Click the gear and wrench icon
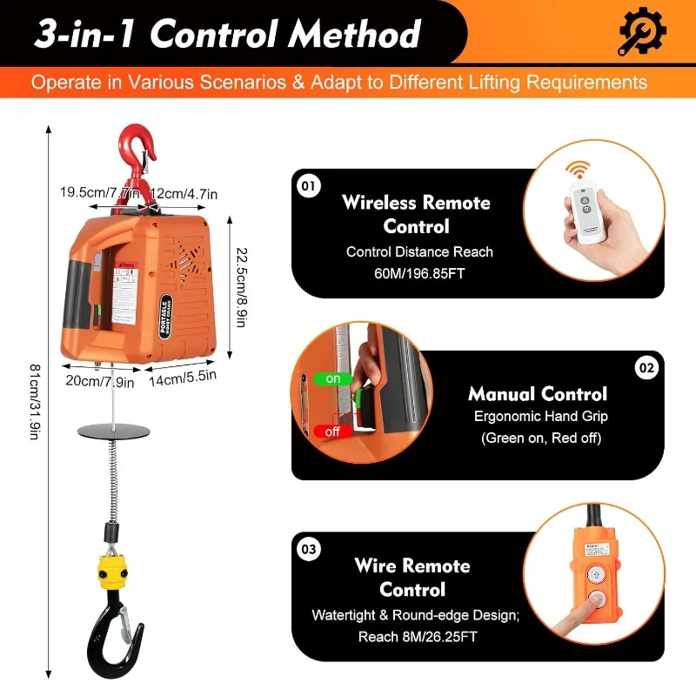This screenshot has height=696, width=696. pos(642,33)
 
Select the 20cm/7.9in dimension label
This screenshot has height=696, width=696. pos(102,380)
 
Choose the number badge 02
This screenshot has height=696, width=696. pos(646,368)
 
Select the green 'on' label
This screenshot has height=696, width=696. pos(333,379)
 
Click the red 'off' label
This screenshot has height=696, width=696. pos(332,431)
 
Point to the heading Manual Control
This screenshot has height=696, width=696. pos(538,393)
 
